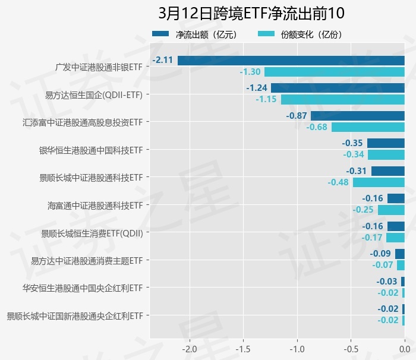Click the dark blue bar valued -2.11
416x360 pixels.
point(291,60)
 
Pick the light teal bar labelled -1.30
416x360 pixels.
point(335,72)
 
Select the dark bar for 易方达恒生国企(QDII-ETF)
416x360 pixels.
point(338,88)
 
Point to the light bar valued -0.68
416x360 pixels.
point(368,127)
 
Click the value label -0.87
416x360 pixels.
point(297,116)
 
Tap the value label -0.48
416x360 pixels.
point(338,182)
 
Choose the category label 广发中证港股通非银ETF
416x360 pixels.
point(99,67)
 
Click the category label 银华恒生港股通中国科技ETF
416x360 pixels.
point(91,150)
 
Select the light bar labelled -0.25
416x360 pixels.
point(391,210)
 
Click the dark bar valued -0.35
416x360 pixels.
point(386,143)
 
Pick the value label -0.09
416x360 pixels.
point(380,254)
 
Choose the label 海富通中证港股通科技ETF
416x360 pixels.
point(95,206)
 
